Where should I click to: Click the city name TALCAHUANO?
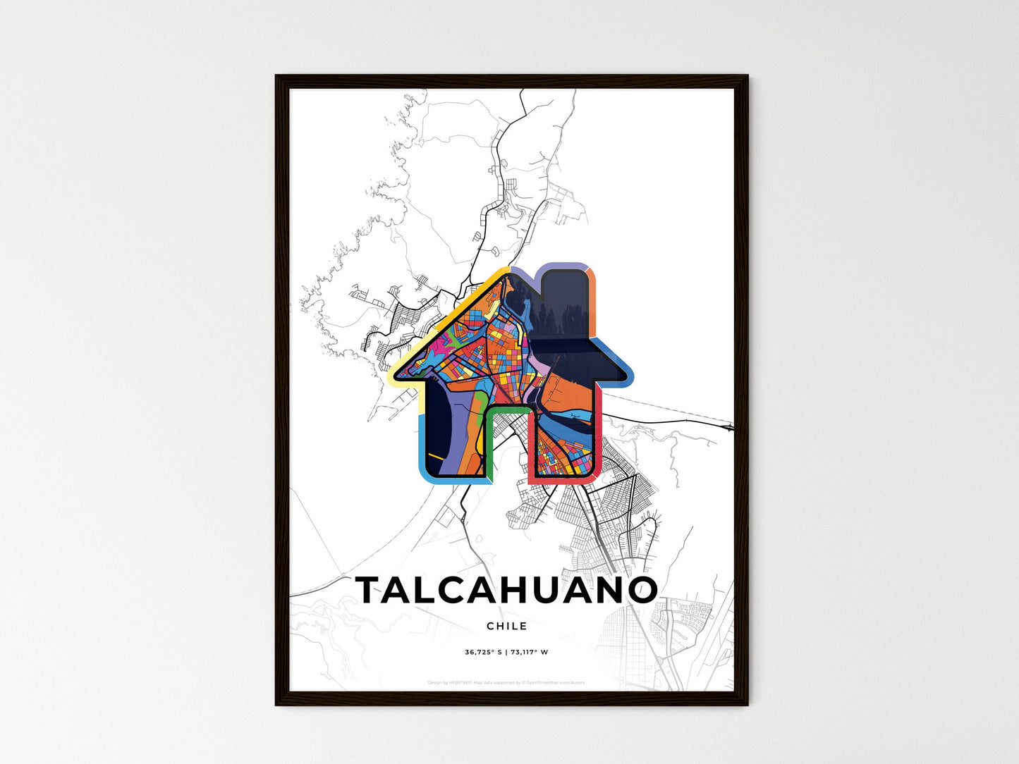coord(506,591)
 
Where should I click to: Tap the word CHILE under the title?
coord(506,626)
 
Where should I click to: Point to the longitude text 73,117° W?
coord(529,652)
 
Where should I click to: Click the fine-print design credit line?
coord(506,682)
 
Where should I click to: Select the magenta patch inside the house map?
coord(446,345)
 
